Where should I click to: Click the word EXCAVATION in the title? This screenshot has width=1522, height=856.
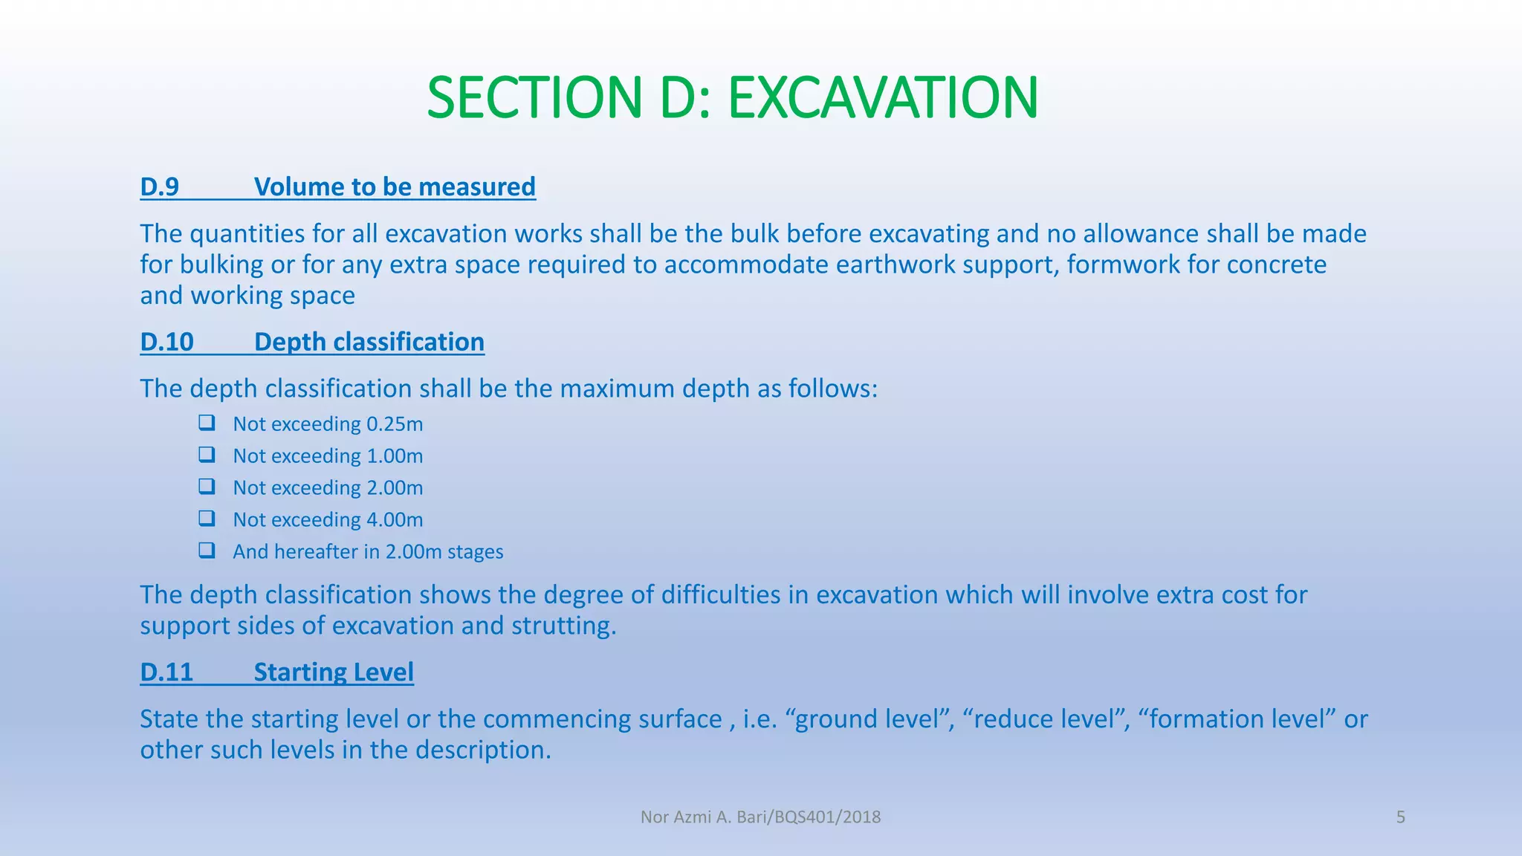[882, 98]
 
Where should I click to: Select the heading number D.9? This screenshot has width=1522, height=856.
[160, 187]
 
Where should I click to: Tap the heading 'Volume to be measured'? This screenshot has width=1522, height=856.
[395, 187]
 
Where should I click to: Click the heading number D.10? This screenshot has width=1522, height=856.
[167, 342]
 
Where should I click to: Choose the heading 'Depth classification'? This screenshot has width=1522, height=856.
[369, 342]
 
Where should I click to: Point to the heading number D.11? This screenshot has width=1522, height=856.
[166, 672]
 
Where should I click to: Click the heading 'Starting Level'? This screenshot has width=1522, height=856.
[334, 672]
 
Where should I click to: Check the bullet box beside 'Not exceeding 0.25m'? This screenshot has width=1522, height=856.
[207, 423]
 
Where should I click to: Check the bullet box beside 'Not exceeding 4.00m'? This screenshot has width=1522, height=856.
[207, 518]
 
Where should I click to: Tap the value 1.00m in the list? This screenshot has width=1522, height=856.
[395, 456]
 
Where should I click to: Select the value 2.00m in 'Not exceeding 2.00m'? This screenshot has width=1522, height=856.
[395, 488]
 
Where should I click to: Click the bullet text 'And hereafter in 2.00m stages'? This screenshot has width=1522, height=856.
[368, 552]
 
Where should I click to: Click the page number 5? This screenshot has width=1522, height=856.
[1401, 817]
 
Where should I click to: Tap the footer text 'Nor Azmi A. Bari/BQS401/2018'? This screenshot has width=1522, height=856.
[760, 817]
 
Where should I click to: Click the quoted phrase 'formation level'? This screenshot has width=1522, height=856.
[1237, 719]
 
